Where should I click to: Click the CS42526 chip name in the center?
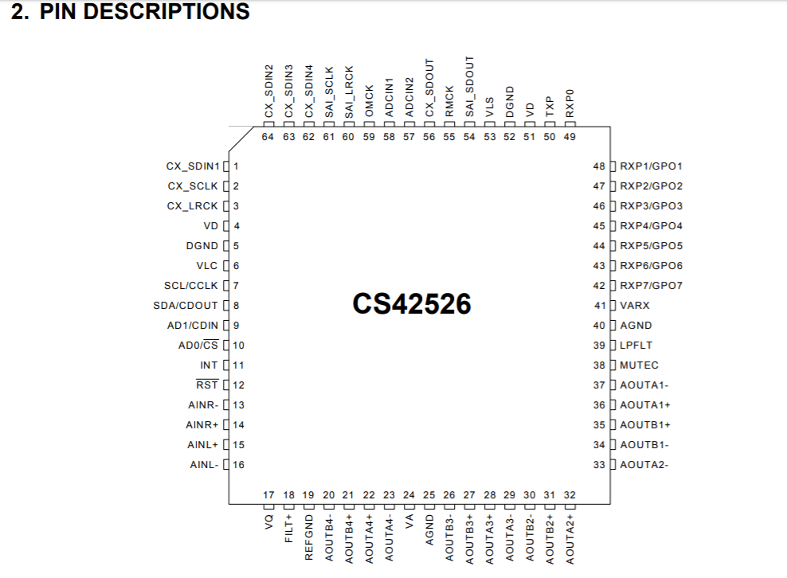(411, 304)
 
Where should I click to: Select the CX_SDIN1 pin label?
(192, 166)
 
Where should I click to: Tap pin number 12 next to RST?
(238, 385)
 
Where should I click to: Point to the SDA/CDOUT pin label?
(186, 306)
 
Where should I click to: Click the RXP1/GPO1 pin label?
(651, 166)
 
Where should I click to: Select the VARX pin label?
(635, 306)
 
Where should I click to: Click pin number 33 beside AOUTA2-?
(600, 465)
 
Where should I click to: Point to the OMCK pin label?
(369, 102)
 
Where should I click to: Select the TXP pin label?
(550, 107)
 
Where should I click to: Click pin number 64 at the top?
(268, 137)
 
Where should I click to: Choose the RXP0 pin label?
(570, 103)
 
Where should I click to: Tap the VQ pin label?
(268, 522)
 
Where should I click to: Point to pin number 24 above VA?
(409, 495)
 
